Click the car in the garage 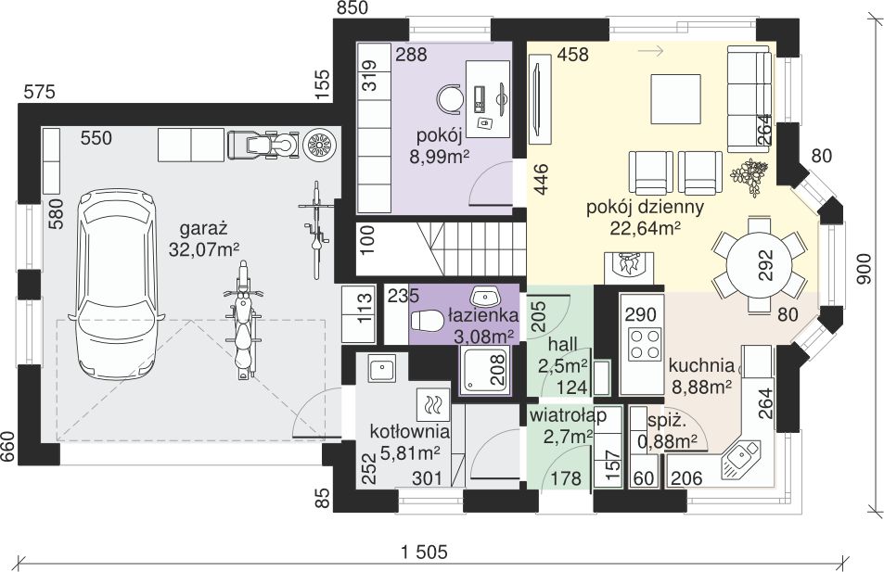click(x=116, y=285)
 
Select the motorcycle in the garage click(x=244, y=320)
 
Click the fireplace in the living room click(x=629, y=268)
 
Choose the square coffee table click(x=676, y=99)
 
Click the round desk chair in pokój click(x=450, y=98)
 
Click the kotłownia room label click(x=410, y=432)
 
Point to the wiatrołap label click(x=568, y=416)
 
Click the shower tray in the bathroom click(x=485, y=370)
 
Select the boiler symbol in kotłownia click(x=433, y=404)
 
